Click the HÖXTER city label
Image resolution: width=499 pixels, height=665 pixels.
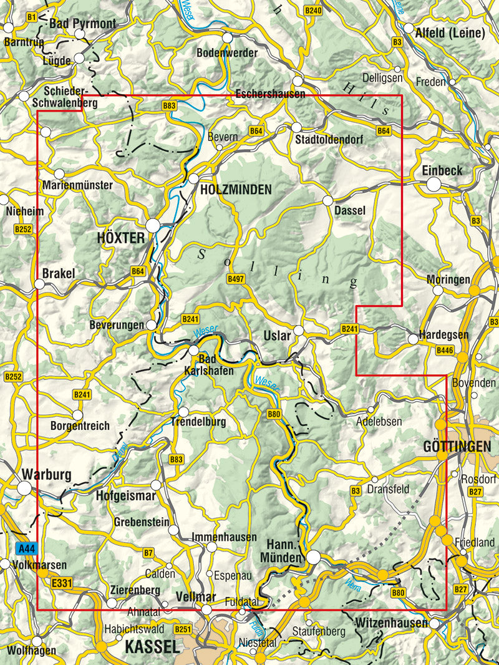tap(120, 238)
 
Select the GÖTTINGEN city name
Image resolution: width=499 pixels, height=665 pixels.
tap(457, 447)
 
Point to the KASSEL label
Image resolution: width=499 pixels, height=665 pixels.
tap(152, 648)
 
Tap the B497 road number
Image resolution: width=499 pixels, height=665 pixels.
tap(236, 279)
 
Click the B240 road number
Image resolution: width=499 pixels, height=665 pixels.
tap(313, 11)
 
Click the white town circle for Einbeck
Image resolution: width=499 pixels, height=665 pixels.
tap(434, 184)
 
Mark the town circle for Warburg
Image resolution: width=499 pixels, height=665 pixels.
tap(24, 488)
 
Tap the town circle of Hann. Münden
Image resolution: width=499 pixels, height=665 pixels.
tap(313, 556)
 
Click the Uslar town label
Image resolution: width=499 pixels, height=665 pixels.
tap(278, 336)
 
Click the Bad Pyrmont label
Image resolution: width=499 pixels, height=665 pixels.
tap(82, 24)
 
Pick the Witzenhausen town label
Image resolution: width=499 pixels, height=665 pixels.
tap(390, 623)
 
